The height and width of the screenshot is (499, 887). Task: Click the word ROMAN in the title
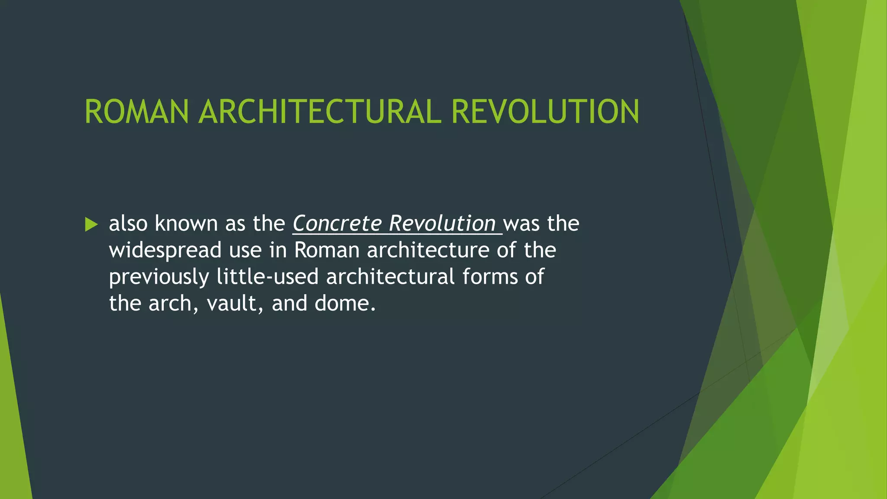click(136, 112)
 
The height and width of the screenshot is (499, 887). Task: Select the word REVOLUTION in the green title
click(545, 112)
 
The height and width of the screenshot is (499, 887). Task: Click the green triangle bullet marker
click(91, 224)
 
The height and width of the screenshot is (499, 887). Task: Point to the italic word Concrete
click(337, 224)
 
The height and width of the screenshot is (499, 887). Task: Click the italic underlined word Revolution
click(442, 224)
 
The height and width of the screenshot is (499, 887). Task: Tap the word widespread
click(165, 250)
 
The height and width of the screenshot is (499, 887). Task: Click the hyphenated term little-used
click(267, 277)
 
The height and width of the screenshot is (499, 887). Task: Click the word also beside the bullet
click(128, 224)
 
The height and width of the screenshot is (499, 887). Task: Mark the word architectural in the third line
click(390, 277)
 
